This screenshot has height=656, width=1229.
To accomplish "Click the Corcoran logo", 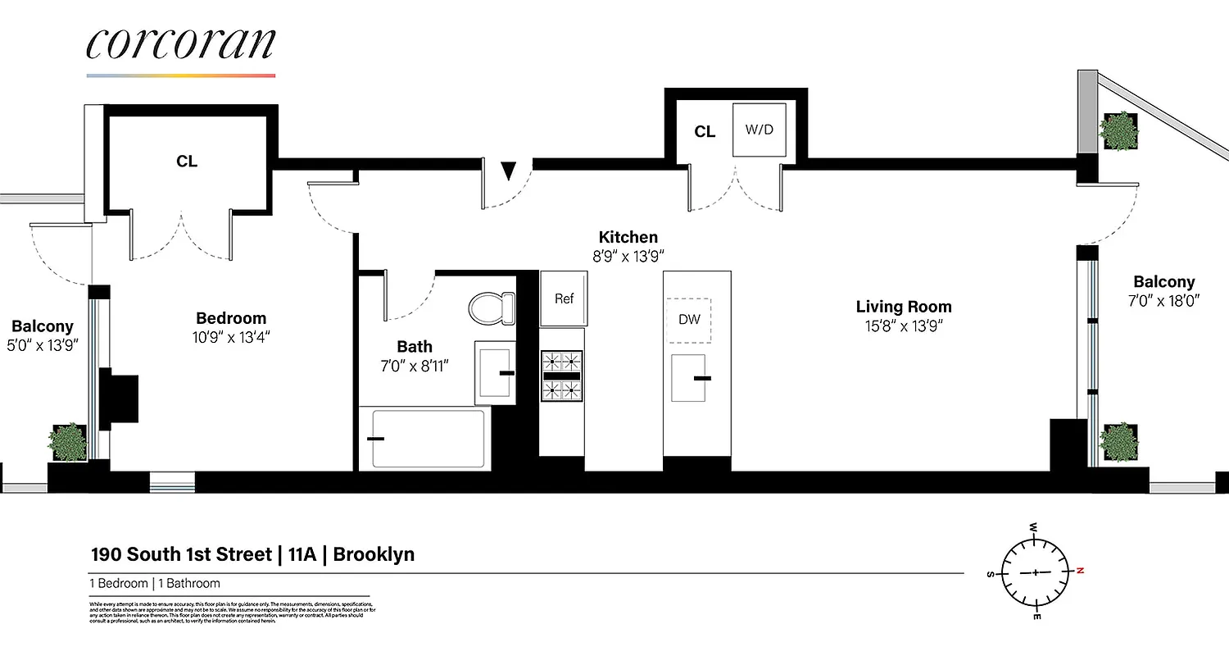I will point(180,46).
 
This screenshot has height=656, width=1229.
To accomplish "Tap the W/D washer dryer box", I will point(759,130).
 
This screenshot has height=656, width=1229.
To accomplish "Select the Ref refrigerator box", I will point(564,298).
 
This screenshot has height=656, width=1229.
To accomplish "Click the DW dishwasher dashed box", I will point(689,320).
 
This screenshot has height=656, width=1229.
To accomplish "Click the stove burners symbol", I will point(561,375).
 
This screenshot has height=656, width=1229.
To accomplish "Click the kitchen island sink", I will point(689,378).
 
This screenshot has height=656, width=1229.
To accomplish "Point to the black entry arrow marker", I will point(508,171).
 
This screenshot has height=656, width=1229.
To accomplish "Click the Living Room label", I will point(904,307).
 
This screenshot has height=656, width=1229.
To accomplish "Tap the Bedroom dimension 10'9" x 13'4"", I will point(231,336).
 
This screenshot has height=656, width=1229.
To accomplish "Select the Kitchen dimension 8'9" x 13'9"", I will point(628,255).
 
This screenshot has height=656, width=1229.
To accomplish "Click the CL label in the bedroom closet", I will point(187,162).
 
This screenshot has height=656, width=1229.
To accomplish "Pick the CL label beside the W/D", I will point(705,131).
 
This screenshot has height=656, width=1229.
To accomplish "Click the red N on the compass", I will point(1080,570).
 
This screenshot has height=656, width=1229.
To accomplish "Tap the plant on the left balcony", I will point(69,443).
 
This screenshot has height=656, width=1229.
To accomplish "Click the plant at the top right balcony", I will point(1118,131).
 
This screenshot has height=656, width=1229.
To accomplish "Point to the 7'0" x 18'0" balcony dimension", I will point(1163,300).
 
